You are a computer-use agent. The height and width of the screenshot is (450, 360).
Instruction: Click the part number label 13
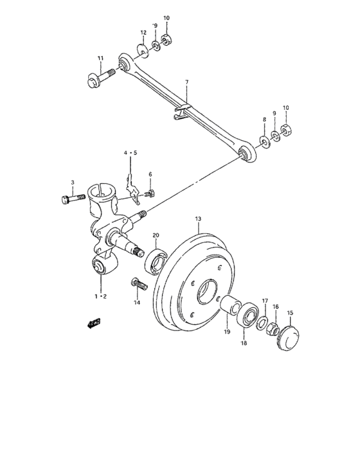coord(199,219)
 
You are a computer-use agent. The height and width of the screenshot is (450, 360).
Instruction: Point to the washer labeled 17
coord(262,323)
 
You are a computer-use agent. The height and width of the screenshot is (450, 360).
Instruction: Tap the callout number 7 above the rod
coord(186,82)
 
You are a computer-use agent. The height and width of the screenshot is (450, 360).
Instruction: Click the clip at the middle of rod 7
coord(182,110)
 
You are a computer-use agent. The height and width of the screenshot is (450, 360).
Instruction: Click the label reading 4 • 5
coord(131,153)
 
